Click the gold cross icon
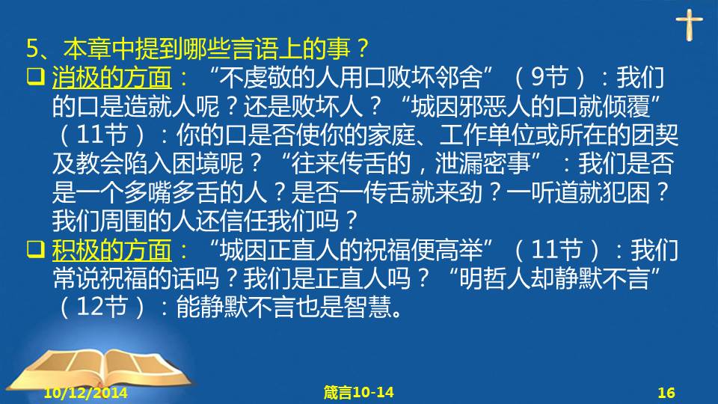(689, 25)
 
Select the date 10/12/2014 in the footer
(85, 393)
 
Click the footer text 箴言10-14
(358, 392)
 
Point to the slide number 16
(666, 393)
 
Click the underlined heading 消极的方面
(111, 77)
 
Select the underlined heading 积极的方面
(111, 250)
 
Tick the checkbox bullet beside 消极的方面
(36, 76)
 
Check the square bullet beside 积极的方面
(36, 249)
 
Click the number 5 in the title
(32, 49)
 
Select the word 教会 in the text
(99, 164)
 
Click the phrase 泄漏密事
(482, 164)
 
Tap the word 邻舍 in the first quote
(458, 77)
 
